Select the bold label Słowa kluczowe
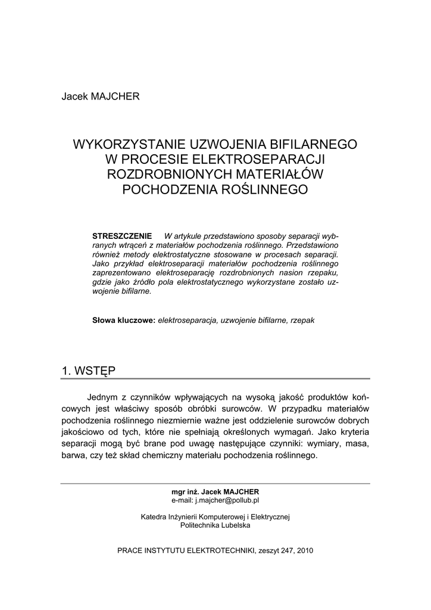[124, 320]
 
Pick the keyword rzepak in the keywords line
[302, 320]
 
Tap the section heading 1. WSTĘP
[89, 371]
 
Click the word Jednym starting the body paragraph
[103, 396]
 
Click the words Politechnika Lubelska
[215, 526]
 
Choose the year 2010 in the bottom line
[304, 550]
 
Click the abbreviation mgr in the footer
[178, 492]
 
